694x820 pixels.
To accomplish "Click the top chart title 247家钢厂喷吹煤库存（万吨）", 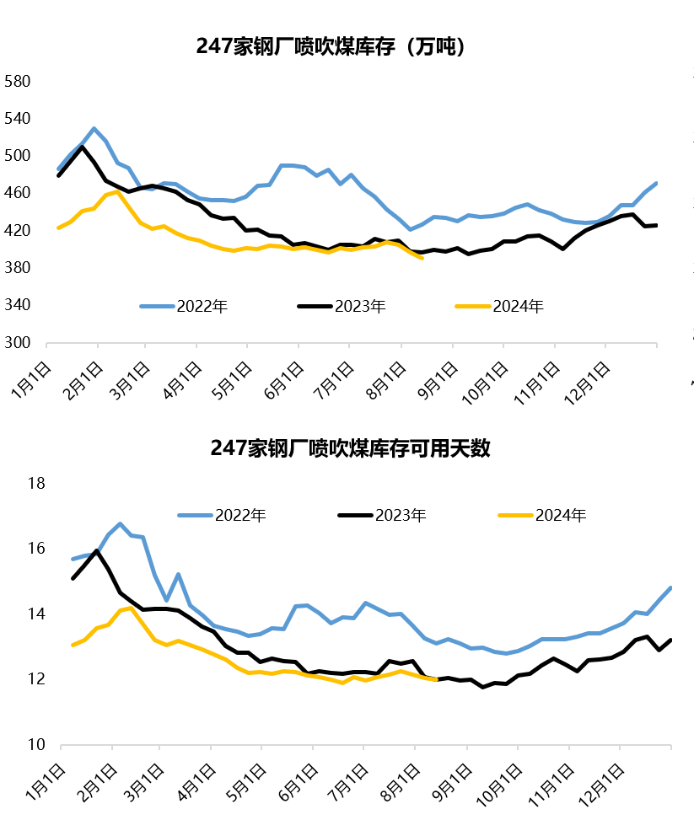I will point(331,46).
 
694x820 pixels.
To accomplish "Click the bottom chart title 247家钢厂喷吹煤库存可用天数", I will point(350,448).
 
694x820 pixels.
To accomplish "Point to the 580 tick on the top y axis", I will point(18,82).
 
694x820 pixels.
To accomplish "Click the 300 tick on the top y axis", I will point(18,343).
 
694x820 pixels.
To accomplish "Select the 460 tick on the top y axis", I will point(18,194).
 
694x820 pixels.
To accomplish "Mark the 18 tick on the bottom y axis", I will point(36,484).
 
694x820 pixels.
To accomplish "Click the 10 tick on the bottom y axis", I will point(36,745).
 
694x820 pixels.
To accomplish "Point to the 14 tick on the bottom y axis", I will point(36,614).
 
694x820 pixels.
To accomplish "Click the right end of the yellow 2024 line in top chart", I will point(422,258).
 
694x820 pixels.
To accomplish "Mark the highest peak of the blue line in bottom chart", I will point(120,524).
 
